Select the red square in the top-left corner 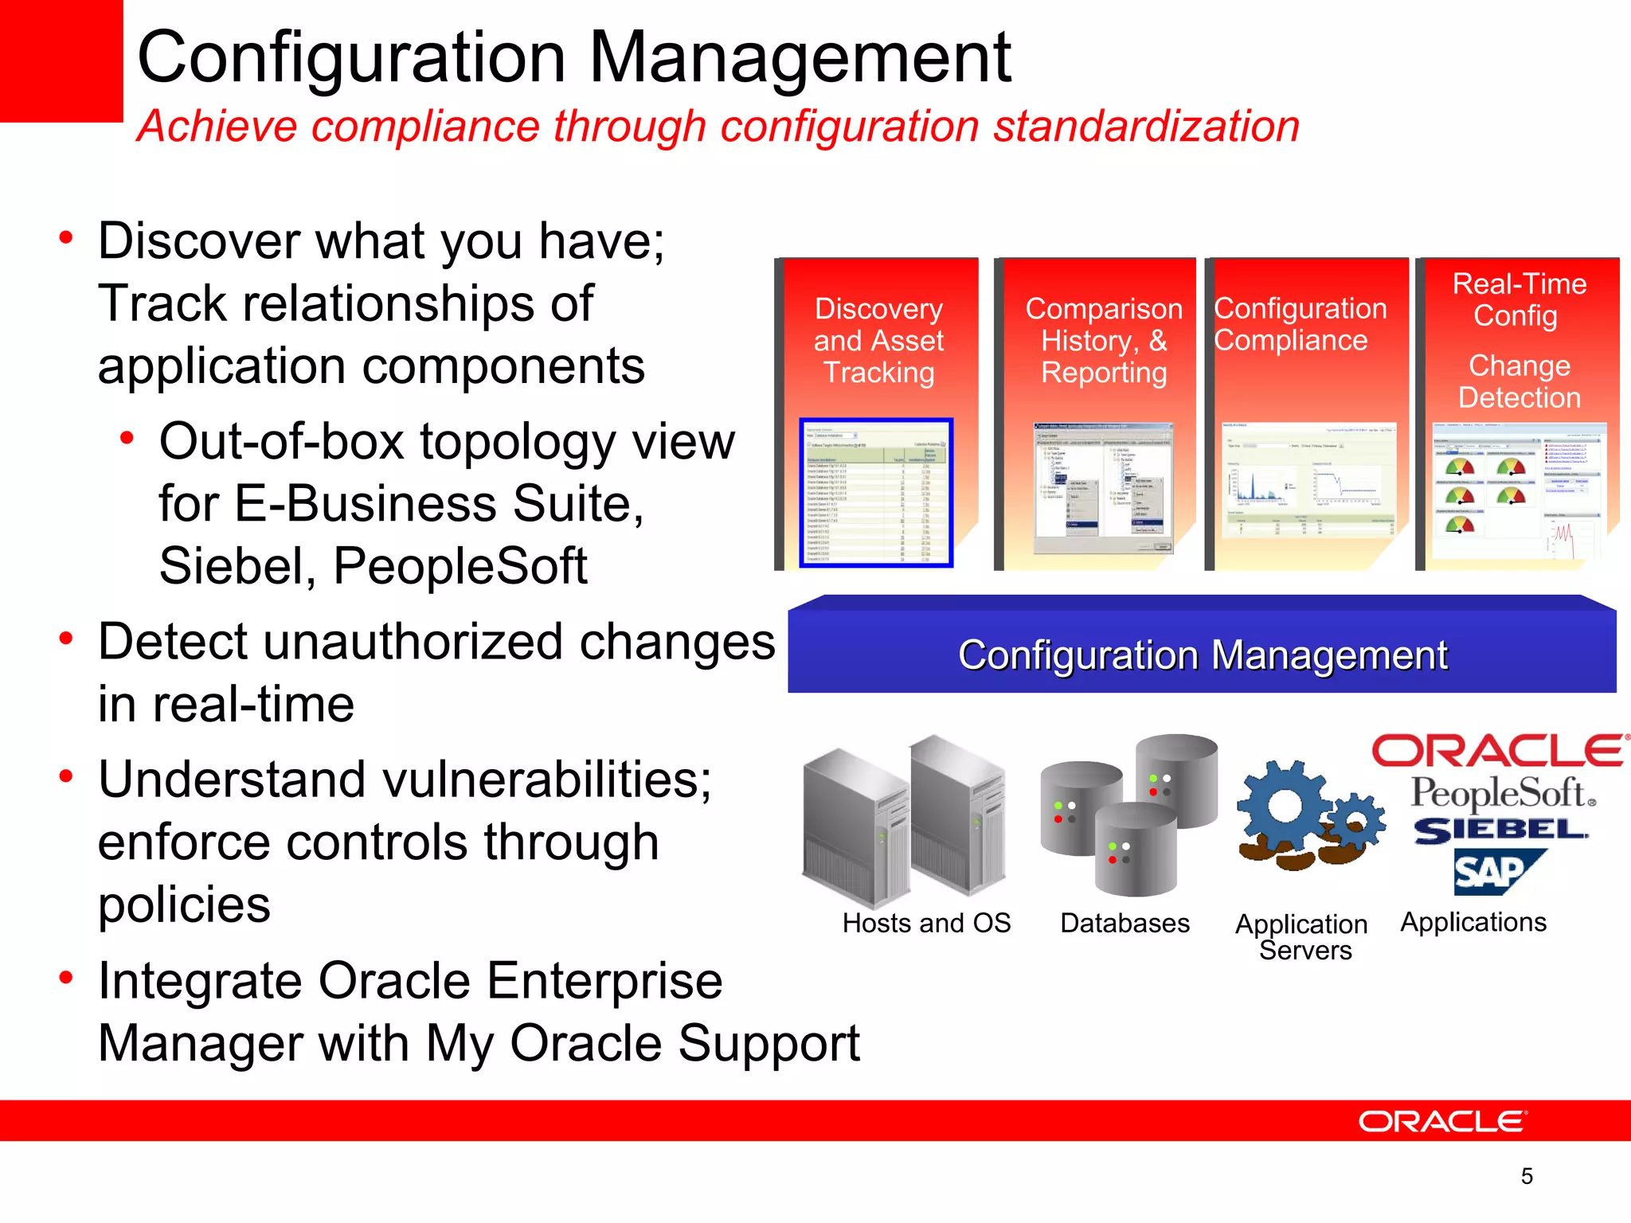(61, 60)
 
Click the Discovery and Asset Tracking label (878, 341)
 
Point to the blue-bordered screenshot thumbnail (876, 493)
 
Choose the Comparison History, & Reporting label (1104, 341)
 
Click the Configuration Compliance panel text (1300, 325)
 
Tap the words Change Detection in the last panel (1519, 381)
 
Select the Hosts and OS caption (926, 923)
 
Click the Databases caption (1124, 923)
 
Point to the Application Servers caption (1302, 936)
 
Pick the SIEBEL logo (1500, 830)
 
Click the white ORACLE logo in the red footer (1442, 1121)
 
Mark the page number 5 (1527, 1176)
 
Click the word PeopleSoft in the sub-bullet (460, 566)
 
